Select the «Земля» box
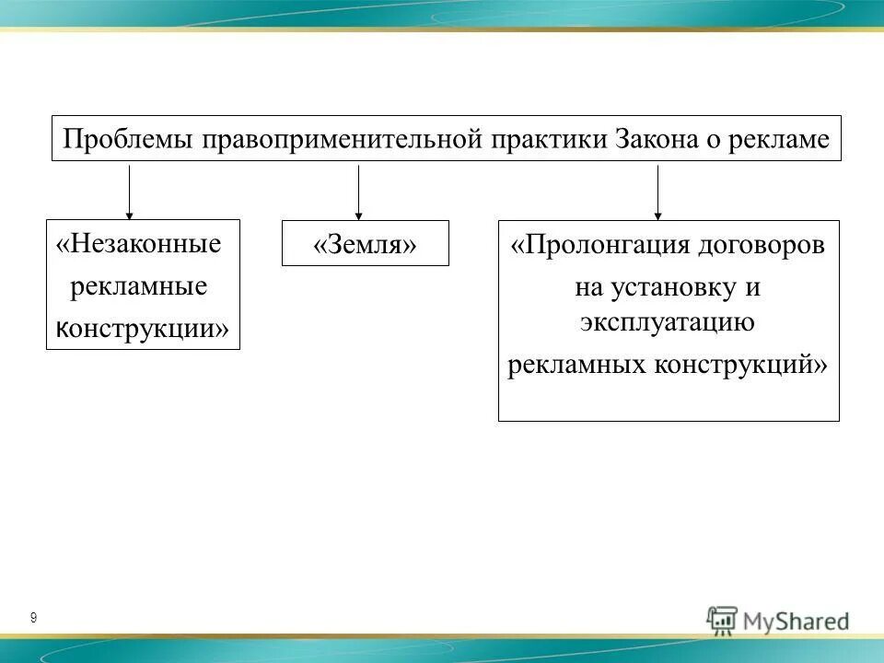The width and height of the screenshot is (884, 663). point(366,245)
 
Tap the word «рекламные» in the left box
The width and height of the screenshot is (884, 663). point(139,286)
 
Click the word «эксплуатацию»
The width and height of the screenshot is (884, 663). point(668,322)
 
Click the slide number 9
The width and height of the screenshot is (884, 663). point(33,618)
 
